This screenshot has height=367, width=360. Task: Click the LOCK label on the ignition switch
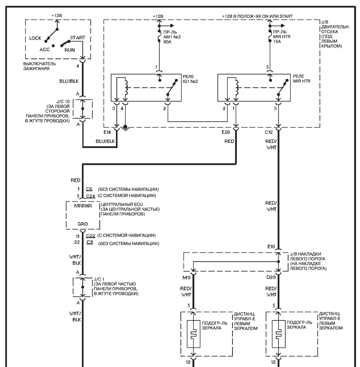pyautogui.click(x=35, y=38)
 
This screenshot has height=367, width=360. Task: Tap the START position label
pyautogui.click(x=78, y=38)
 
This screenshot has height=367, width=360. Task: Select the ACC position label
pyautogui.click(x=44, y=50)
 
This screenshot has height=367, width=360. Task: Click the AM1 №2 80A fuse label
pyautogui.click(x=172, y=37)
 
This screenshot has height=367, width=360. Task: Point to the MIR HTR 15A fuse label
pyautogui.click(x=282, y=37)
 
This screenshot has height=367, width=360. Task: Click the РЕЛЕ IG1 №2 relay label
pyautogui.click(x=190, y=79)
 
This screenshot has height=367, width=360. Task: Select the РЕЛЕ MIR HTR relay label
pyautogui.click(x=301, y=79)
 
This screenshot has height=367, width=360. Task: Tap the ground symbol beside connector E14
pyautogui.click(x=125, y=128)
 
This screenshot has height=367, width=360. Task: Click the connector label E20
pyautogui.click(x=226, y=132)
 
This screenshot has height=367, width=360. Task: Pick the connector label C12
pyautogui.click(x=269, y=132)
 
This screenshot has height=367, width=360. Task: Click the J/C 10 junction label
pyautogui.click(x=63, y=102)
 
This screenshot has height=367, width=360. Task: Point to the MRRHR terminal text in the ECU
pyautogui.click(x=83, y=206)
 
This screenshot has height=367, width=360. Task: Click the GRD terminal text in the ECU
pyautogui.click(x=83, y=224)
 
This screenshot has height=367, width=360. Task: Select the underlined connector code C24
pyautogui.click(x=90, y=196)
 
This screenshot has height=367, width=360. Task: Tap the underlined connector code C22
pyautogui.click(x=90, y=236)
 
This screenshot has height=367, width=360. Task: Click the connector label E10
pyautogui.click(x=271, y=247)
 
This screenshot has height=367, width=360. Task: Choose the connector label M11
pyautogui.click(x=187, y=277)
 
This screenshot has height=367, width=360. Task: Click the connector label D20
pyautogui.click(x=271, y=277)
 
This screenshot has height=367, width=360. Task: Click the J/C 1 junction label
pyautogui.click(x=99, y=279)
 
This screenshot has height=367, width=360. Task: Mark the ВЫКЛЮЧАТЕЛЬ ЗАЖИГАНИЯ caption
pyautogui.click(x=39, y=66)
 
